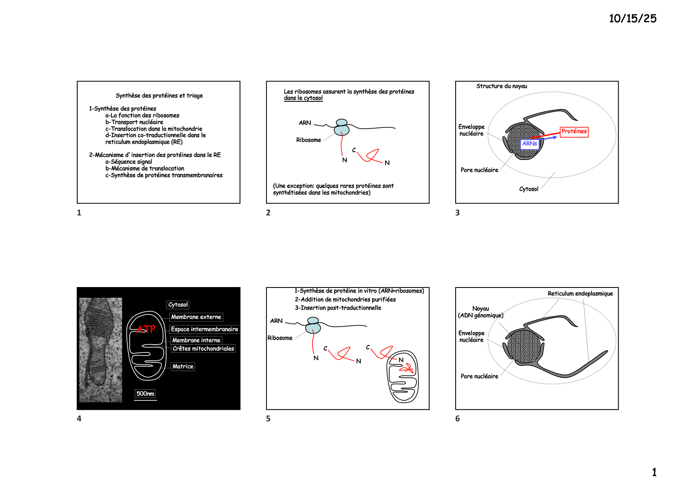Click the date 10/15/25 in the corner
(x=633, y=19)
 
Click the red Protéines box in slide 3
(x=574, y=132)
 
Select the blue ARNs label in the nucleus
(x=529, y=144)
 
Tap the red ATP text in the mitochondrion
(x=146, y=329)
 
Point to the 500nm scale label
(x=145, y=394)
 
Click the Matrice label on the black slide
(x=183, y=367)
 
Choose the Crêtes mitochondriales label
(x=203, y=349)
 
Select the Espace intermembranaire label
(x=205, y=329)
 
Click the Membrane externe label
(x=196, y=317)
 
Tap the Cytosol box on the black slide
(x=178, y=305)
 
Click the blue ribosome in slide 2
(x=341, y=127)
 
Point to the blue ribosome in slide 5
(x=313, y=325)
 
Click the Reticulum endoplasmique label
(x=580, y=293)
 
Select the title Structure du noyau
(x=502, y=86)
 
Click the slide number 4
(x=79, y=419)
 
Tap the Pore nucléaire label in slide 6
(x=479, y=376)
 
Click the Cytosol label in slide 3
(x=529, y=189)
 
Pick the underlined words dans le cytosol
(x=303, y=98)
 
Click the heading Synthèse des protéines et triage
(x=159, y=95)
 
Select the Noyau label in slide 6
(x=481, y=308)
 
